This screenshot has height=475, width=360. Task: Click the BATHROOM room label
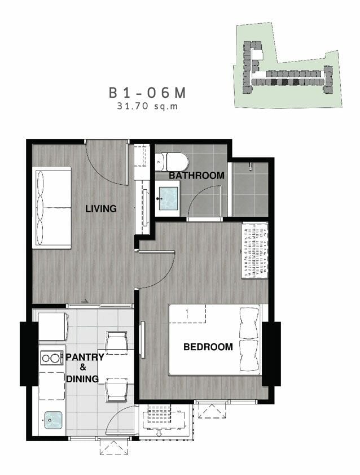pyautogui.click(x=196, y=176)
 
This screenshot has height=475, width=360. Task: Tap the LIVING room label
pyautogui.click(x=101, y=208)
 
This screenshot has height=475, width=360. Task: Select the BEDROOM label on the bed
pyautogui.click(x=208, y=347)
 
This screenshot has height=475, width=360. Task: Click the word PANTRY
pyautogui.click(x=85, y=357)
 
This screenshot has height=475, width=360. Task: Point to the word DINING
pyautogui.click(x=82, y=378)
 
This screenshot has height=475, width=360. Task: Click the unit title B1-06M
pyautogui.click(x=147, y=93)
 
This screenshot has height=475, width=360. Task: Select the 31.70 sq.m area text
pyautogui.click(x=147, y=106)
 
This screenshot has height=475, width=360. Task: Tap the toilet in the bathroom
pyautogui.click(x=172, y=162)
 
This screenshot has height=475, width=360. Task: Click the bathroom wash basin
pyautogui.click(x=168, y=198)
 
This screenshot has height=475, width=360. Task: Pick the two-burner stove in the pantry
pyautogui.click(x=51, y=358)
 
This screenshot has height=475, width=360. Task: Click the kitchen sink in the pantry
pyautogui.click(x=53, y=420)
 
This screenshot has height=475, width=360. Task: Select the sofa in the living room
pyautogui.click(x=52, y=208)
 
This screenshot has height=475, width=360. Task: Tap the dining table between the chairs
pyautogui.click(x=116, y=367)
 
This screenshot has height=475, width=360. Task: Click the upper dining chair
pyautogui.click(x=116, y=341)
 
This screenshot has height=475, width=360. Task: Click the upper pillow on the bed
pyautogui.click(x=249, y=323)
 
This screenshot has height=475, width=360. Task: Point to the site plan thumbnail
pyautogui.click(x=288, y=65)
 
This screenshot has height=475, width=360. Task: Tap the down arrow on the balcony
pyautogui.click(x=159, y=433)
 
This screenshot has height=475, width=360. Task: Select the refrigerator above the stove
pyautogui.click(x=52, y=326)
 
